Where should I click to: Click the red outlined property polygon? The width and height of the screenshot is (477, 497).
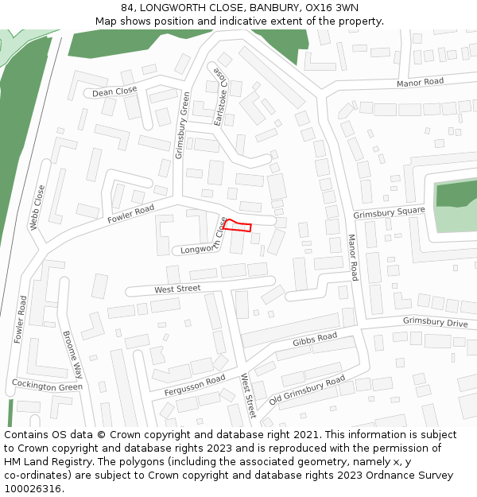[x=237, y=226]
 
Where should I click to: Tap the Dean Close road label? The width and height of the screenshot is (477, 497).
[x=114, y=92]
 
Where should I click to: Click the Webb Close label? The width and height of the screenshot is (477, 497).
[x=37, y=208]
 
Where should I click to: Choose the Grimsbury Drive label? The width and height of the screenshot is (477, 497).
[x=435, y=322]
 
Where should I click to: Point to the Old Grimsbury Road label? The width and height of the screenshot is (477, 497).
[x=307, y=390]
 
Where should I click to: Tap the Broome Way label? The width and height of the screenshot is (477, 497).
[x=72, y=355]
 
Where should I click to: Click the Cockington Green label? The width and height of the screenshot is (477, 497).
[x=47, y=386]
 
